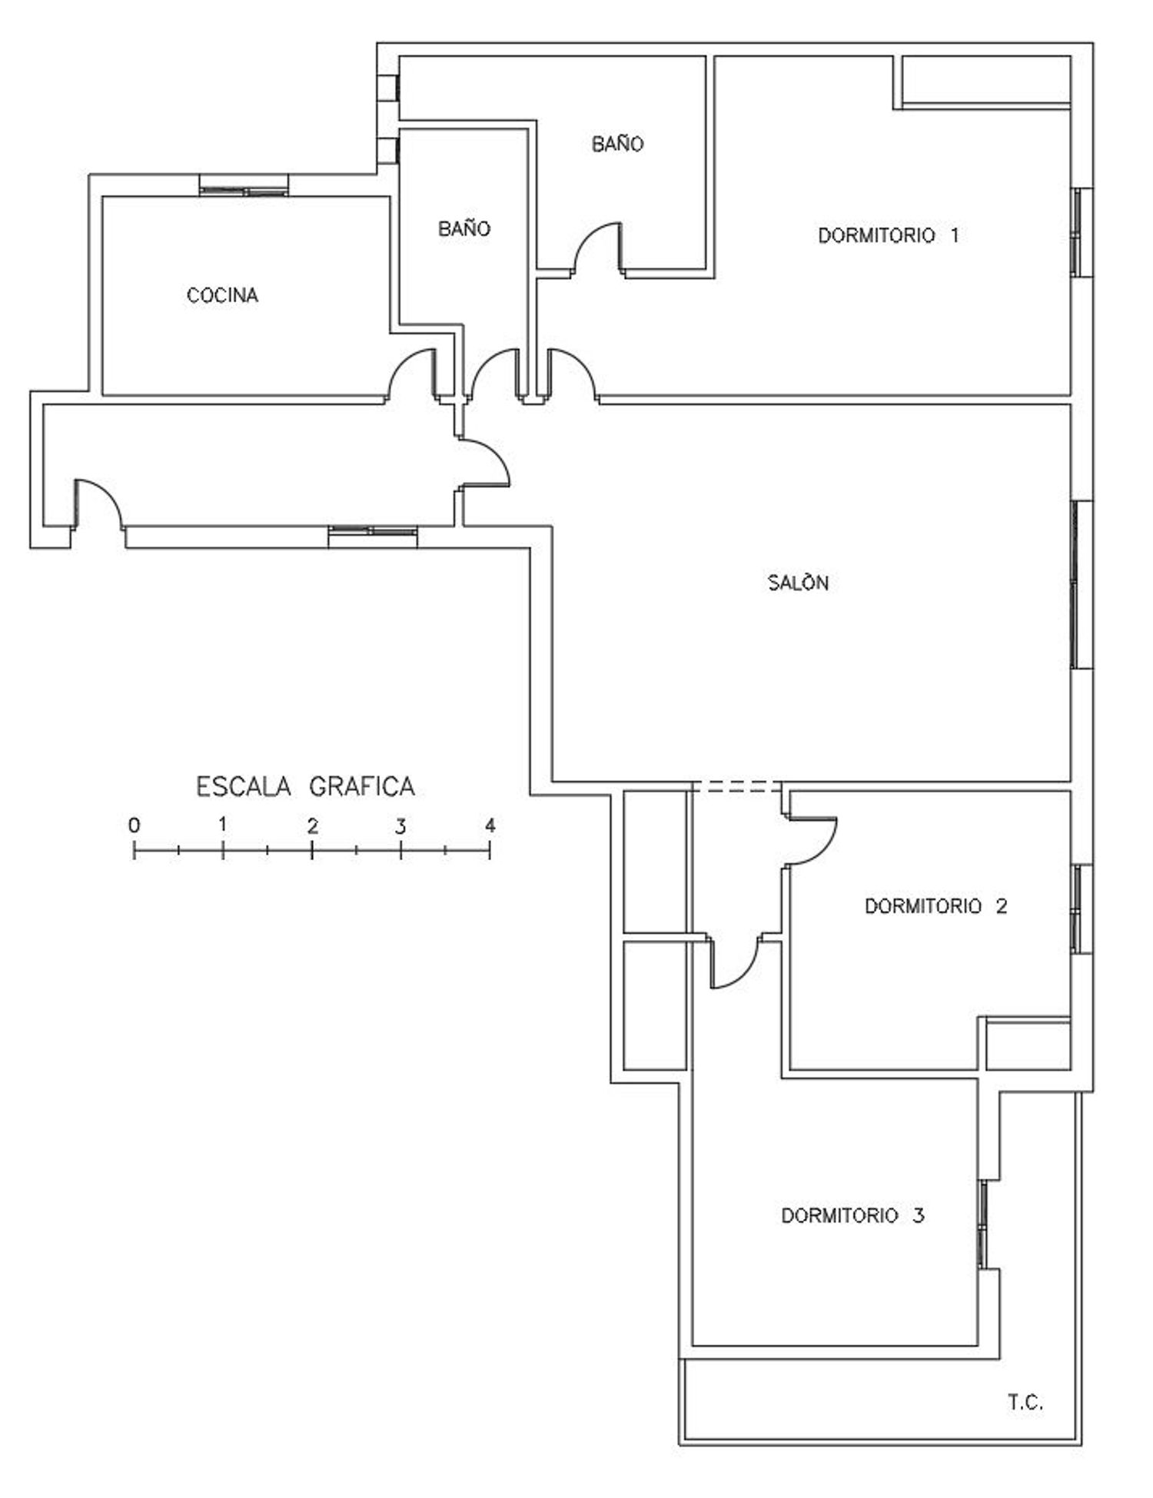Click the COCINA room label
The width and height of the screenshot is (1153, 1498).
pyautogui.click(x=222, y=295)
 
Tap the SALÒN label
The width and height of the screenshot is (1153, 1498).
pyautogui.click(x=799, y=582)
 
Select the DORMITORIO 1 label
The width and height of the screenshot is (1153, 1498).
pyautogui.click(x=889, y=235)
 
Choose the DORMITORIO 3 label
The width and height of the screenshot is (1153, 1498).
pyautogui.click(x=853, y=1215)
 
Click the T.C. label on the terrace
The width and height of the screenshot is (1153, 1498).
pyautogui.click(x=1025, y=1403)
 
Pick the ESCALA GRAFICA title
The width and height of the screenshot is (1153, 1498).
pyautogui.click(x=306, y=786)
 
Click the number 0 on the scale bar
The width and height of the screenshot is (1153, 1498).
pyautogui.click(x=135, y=825)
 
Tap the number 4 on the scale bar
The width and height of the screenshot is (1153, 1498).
pyautogui.click(x=490, y=825)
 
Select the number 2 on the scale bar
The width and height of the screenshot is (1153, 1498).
pyautogui.click(x=312, y=826)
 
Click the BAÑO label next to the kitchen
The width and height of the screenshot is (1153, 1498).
pyautogui.click(x=464, y=228)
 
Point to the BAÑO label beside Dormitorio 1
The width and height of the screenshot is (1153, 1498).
pyautogui.click(x=618, y=144)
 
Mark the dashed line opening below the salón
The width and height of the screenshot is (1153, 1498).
pyautogui.click(x=736, y=786)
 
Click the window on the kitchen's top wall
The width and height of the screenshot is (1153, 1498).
pyautogui.click(x=244, y=185)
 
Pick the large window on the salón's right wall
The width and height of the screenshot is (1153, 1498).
pyautogui.click(x=1082, y=584)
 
